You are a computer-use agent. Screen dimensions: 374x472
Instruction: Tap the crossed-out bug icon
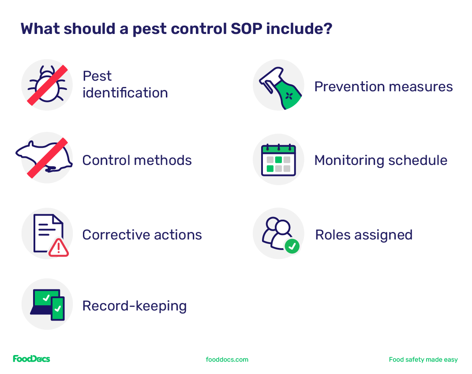click(x=47, y=85)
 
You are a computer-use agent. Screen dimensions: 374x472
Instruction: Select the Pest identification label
click(x=125, y=84)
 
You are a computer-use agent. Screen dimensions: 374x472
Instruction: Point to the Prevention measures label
click(x=383, y=86)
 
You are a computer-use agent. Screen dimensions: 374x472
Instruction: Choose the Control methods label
click(x=137, y=160)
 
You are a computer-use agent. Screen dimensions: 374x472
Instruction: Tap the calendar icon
click(x=278, y=160)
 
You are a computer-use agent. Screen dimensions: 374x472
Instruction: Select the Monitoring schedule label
click(x=381, y=160)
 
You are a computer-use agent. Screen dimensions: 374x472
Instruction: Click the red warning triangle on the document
click(x=59, y=247)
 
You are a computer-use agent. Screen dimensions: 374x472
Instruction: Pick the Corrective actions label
click(x=142, y=235)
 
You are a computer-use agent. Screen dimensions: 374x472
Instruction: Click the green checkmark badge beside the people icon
click(x=292, y=246)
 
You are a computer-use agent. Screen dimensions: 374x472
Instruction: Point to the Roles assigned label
click(x=363, y=235)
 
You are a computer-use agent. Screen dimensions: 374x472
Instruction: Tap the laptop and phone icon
click(x=47, y=304)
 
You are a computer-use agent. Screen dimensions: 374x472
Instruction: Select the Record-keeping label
click(x=135, y=306)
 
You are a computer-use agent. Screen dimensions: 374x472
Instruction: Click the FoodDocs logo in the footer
click(x=31, y=359)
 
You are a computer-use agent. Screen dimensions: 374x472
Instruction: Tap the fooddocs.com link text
click(x=227, y=359)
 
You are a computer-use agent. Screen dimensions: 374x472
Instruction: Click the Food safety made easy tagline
click(x=423, y=359)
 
